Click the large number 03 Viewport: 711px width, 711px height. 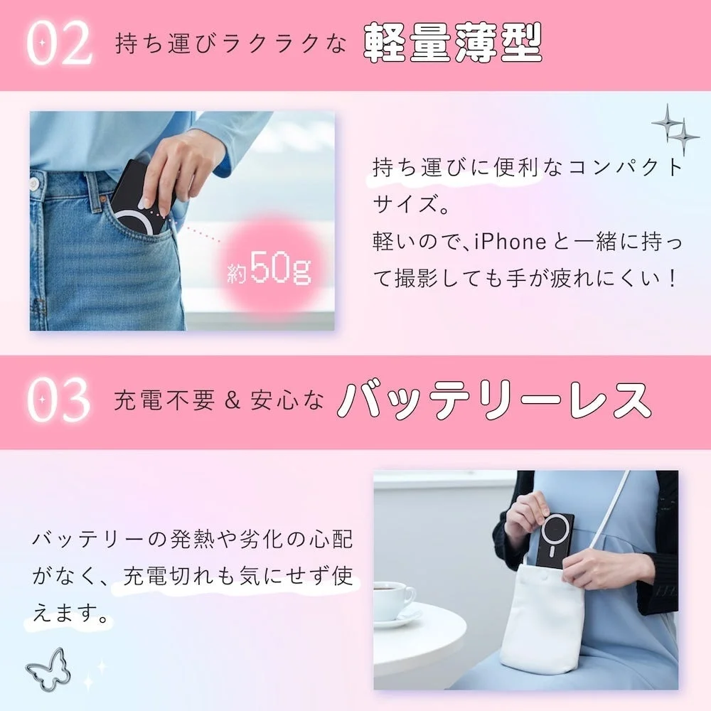(60, 401)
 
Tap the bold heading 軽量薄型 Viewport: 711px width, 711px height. (453, 43)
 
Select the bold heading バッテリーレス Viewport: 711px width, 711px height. (494, 401)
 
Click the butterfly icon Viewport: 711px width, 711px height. (48, 668)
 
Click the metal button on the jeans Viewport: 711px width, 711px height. (34, 185)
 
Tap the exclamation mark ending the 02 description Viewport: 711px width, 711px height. (666, 279)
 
